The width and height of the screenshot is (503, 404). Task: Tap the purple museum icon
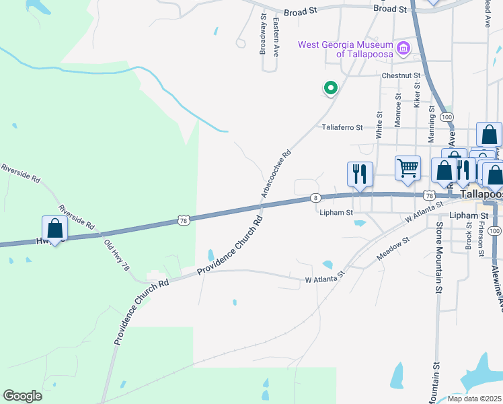click(403, 47)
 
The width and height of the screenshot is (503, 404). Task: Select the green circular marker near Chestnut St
click(330, 88)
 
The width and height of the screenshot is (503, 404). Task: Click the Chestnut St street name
click(401, 76)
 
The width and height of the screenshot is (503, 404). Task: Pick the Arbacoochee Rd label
click(276, 173)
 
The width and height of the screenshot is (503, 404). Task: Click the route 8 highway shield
click(315, 197)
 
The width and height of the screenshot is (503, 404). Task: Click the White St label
click(379, 122)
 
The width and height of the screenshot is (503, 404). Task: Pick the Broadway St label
click(264, 34)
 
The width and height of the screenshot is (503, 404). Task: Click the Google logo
click(22, 396)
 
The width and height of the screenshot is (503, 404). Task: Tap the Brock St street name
click(469, 234)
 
